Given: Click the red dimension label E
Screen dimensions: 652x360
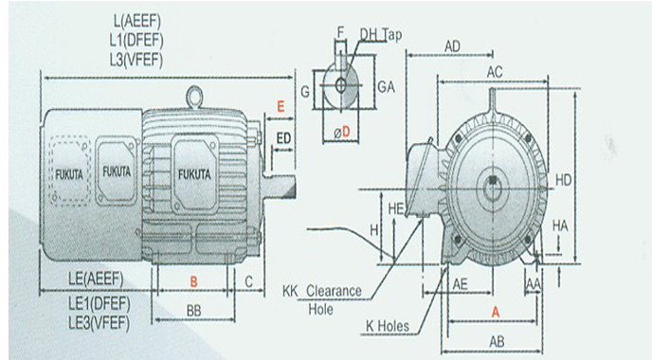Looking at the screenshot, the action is (x=281, y=107).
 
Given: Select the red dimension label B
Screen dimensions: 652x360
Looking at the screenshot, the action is (x=193, y=282).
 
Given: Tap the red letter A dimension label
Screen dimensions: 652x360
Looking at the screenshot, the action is (x=496, y=312).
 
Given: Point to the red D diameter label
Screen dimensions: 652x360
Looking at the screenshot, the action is (x=346, y=133).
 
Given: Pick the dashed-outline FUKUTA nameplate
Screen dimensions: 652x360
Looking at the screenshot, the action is (x=69, y=171).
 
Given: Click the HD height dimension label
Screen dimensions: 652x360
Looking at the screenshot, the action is (x=564, y=180).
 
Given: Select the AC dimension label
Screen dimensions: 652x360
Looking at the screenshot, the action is (x=495, y=72).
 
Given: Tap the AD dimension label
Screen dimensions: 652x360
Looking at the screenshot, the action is (x=452, y=46).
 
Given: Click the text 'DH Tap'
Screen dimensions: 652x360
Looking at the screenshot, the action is (x=381, y=35).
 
